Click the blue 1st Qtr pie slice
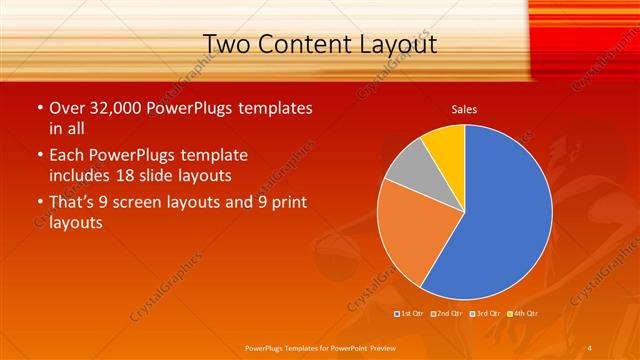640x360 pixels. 500,220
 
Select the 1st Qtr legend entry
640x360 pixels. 411,314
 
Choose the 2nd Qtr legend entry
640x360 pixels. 447,314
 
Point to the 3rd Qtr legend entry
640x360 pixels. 485,314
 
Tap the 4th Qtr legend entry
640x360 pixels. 523,314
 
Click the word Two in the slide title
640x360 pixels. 227,44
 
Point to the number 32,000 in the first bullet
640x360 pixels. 117,107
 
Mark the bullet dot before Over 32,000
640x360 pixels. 39,107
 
